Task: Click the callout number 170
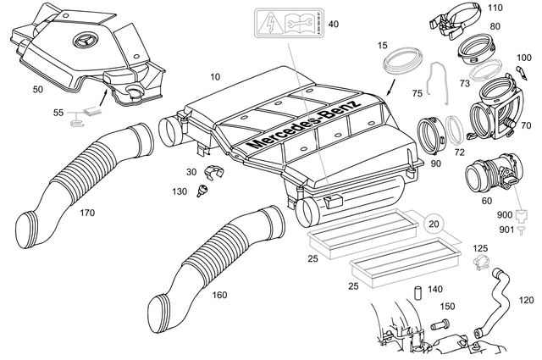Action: point(86,213)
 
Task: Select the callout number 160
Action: point(218,296)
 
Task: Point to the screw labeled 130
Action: point(202,193)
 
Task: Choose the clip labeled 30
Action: point(214,174)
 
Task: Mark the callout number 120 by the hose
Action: point(526,300)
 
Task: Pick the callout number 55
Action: point(58,112)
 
